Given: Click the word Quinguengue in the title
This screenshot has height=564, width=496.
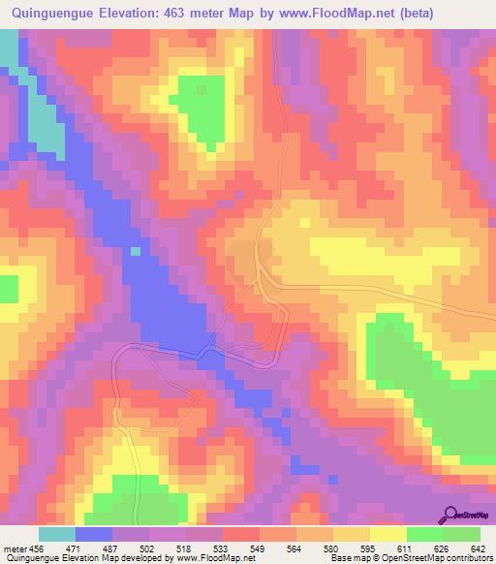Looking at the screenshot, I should coord(60,13).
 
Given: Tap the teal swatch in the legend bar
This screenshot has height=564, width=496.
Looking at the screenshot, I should coord(57,534).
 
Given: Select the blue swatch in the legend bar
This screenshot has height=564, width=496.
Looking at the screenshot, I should coord(94,534).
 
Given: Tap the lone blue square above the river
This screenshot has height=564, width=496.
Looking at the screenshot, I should coord(136,251).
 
